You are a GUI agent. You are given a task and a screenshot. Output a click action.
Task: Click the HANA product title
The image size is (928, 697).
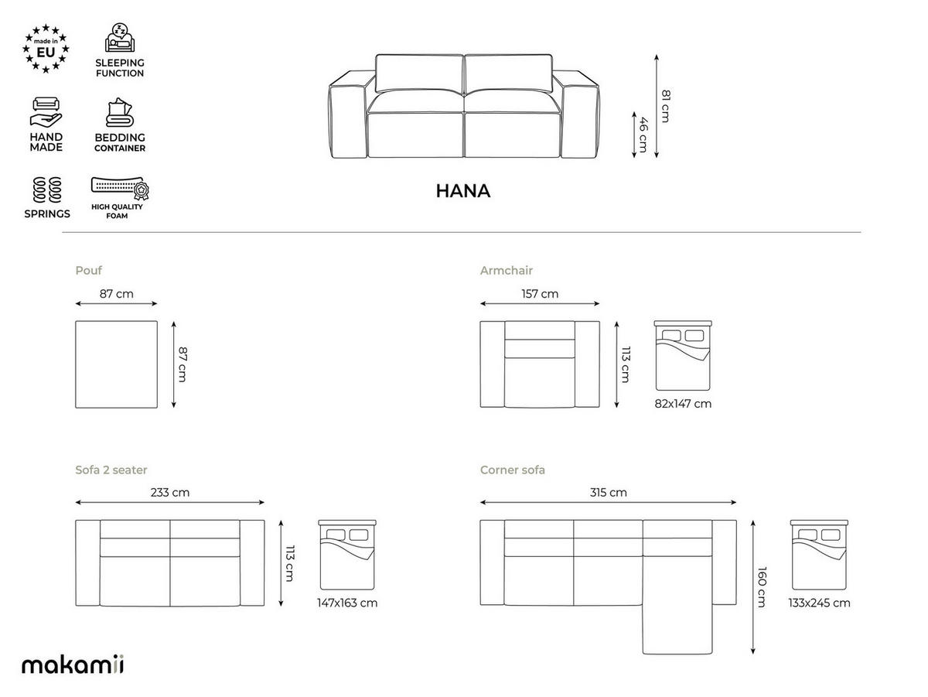[463, 191]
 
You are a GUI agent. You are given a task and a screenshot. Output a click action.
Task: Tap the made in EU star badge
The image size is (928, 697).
[46, 49]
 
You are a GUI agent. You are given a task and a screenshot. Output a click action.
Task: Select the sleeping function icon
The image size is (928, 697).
[120, 38]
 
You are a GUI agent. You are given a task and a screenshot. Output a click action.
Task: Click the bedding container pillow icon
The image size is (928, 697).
[120, 112]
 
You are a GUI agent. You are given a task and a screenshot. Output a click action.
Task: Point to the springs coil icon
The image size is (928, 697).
[47, 190]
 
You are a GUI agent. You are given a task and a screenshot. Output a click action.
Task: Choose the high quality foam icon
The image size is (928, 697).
[120, 188]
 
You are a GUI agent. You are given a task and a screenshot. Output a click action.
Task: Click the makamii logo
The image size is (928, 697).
[73, 665]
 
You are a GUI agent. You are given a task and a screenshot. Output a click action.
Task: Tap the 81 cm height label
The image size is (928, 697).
[666, 106]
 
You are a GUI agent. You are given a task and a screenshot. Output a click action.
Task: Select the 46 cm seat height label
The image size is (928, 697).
[643, 135]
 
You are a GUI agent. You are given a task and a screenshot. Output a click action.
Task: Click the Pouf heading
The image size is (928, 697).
[88, 270]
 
